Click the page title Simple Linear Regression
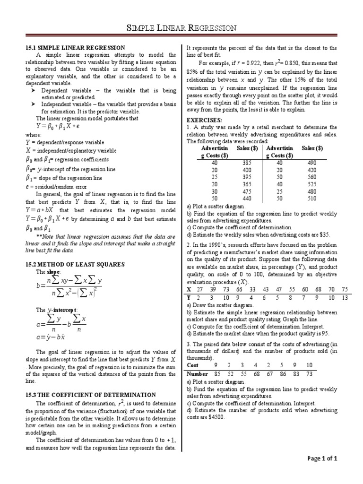(x=182, y=28)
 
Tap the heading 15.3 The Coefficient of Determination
(x=90, y=394)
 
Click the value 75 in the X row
(x=345, y=289)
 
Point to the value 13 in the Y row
(x=345, y=297)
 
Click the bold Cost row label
(x=193, y=365)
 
